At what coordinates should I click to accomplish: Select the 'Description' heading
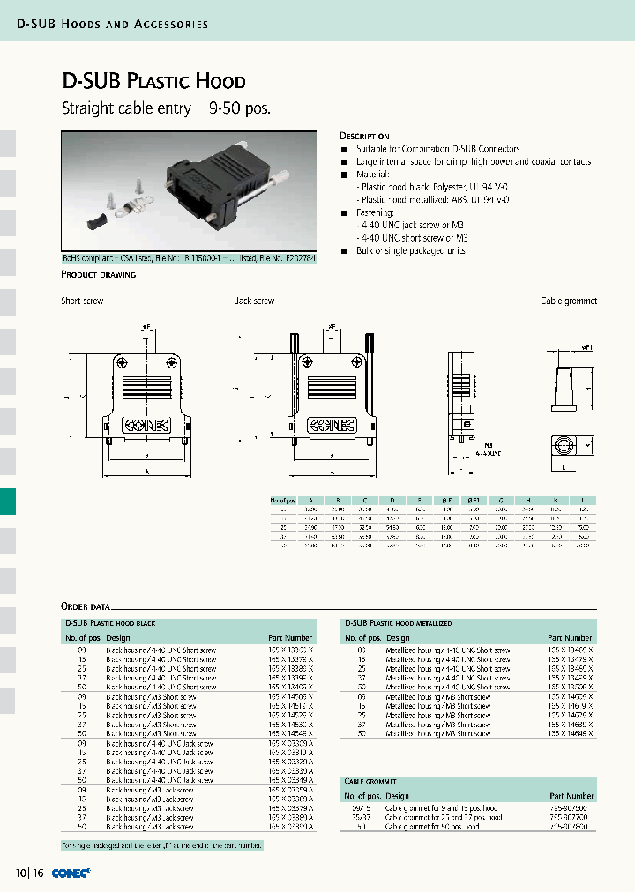364,137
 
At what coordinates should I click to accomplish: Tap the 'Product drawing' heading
98,275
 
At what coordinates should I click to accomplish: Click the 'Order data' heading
86,606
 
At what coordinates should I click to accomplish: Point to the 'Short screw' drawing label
82,301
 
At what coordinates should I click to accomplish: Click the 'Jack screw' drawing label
254,301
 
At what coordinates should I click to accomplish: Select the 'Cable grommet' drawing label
568,301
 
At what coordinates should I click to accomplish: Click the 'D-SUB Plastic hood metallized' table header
398,622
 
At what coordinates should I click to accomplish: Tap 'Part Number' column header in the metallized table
570,637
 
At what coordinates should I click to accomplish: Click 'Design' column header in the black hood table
118,637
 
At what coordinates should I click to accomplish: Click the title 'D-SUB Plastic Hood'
153,82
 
